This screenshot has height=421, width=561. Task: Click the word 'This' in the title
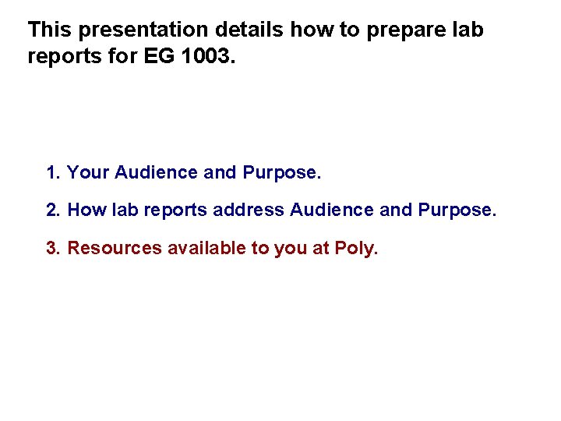[50, 30]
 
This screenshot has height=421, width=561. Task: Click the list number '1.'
[54, 172]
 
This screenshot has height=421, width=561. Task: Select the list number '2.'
[54, 210]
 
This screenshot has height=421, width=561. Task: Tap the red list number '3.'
[54, 248]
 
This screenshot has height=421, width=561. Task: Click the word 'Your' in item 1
[88, 172]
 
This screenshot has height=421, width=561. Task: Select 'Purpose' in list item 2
[454, 210]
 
